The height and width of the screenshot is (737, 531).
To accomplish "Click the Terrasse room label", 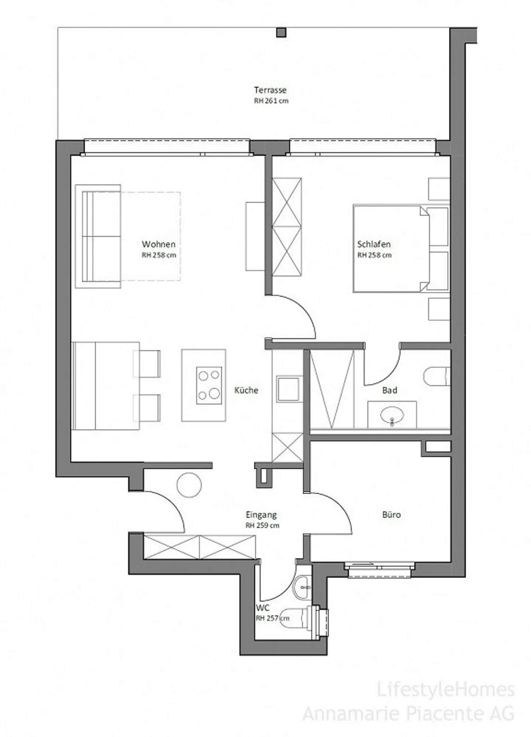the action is (270, 90).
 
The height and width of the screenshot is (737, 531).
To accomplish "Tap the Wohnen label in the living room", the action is (159, 244).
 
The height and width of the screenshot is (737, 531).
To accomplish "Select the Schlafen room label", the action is (374, 244).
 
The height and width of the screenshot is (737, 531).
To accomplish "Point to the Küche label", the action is (246, 390).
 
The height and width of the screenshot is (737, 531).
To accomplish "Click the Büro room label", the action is (392, 514).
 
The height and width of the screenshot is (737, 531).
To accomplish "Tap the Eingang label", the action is (261, 515).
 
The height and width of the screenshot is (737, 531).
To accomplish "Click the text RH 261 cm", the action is (271, 101).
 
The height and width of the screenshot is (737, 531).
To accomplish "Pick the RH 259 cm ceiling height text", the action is (263, 526).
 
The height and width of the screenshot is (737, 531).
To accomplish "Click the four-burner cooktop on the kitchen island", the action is (209, 385).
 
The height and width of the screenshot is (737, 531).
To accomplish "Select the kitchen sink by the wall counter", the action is (288, 389).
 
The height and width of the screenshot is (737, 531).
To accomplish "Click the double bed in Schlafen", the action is (391, 249).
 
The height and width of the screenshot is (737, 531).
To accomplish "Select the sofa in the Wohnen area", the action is (98, 236).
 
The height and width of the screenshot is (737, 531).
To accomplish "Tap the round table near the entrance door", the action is (189, 485).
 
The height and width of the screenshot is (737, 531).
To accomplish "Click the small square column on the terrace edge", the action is (281, 32).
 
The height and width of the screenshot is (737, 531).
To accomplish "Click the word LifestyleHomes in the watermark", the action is (445, 690).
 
